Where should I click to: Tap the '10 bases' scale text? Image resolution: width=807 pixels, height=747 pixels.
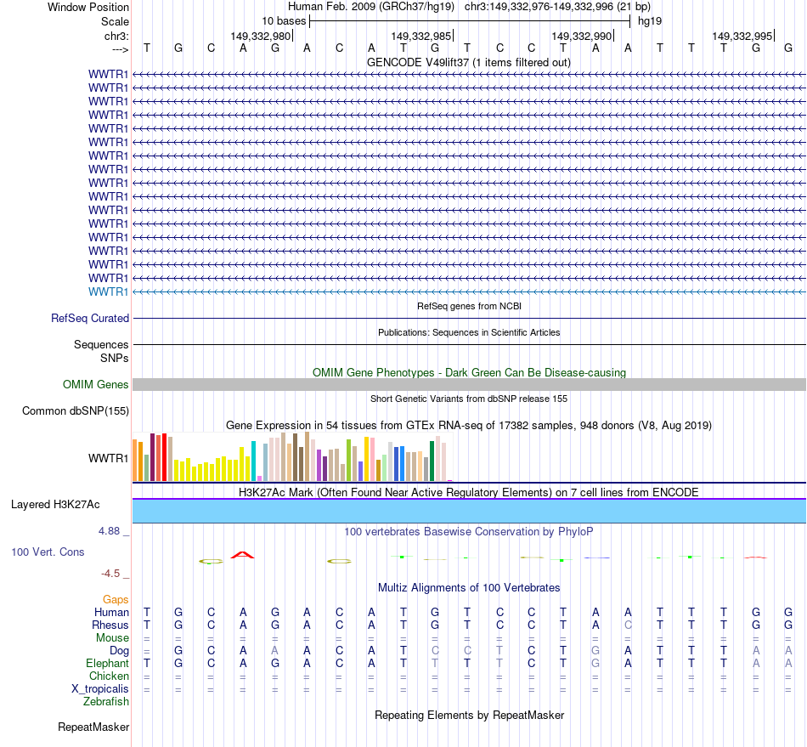tap(284, 20)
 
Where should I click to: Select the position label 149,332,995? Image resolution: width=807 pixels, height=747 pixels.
tap(742, 36)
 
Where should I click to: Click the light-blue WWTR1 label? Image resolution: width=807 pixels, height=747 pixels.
tap(109, 291)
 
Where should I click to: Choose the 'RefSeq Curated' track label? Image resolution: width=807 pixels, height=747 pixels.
tap(90, 318)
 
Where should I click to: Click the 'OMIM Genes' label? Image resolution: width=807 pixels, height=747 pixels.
tap(96, 385)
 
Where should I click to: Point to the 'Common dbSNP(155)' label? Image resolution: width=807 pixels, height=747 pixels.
tap(75, 411)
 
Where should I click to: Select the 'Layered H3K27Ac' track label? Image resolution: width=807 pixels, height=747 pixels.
tap(55, 505)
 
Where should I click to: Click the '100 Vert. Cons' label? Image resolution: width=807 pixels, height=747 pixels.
tap(48, 552)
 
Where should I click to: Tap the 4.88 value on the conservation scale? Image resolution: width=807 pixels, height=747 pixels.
tap(110, 531)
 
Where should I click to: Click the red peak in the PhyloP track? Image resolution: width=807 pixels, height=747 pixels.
tap(243, 555)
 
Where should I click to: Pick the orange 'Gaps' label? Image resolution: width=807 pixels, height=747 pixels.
tap(116, 599)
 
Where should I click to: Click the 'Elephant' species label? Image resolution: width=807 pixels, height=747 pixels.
tap(107, 663)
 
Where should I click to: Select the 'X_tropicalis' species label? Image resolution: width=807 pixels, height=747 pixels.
tap(100, 688)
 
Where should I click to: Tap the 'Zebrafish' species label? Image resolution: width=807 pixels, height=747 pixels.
tap(106, 701)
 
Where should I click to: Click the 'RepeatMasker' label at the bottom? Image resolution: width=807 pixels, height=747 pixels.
tap(93, 727)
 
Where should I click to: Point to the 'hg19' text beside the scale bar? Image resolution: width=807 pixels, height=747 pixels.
tap(650, 20)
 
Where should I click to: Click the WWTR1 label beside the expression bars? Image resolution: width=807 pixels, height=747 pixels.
tap(109, 459)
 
